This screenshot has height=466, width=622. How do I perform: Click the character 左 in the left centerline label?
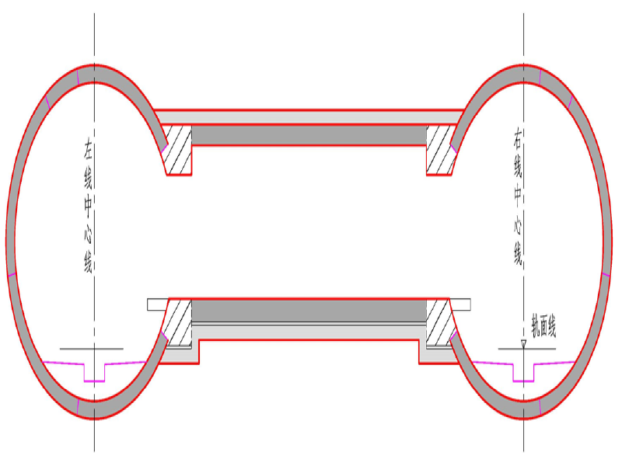point(88,148)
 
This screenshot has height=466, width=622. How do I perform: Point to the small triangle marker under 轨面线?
point(523,343)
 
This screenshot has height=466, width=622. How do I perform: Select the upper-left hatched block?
point(178,150)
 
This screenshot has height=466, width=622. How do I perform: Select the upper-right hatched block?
point(440,150)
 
